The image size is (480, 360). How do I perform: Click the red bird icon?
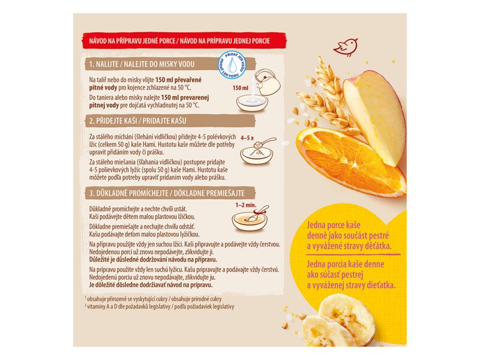click(x=346, y=47)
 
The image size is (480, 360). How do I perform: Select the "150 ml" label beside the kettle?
click(x=241, y=88)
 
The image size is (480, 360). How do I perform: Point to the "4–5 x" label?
click(x=247, y=138)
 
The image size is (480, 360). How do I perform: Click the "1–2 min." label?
click(x=246, y=205)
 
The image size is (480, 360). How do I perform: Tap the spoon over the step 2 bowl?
click(x=263, y=143)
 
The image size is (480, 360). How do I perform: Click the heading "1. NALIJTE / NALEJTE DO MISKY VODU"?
click(x=142, y=64)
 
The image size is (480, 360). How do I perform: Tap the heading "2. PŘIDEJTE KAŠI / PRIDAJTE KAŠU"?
click(x=137, y=121)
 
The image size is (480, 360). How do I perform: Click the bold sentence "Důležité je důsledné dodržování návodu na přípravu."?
click(x=153, y=260)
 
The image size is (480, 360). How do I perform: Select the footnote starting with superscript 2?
click(x=159, y=307)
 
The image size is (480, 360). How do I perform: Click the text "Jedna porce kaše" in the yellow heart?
click(x=334, y=225)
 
